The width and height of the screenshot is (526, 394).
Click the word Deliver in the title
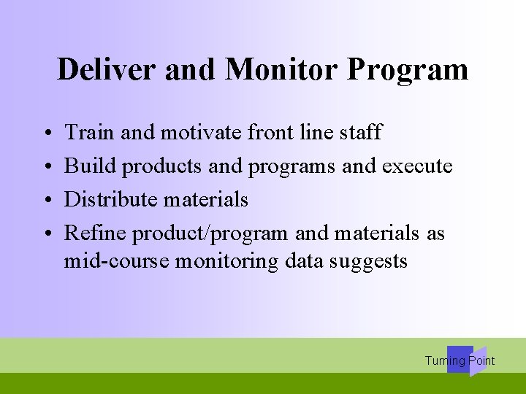[x=107, y=70]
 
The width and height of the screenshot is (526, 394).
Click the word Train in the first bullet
[x=89, y=132]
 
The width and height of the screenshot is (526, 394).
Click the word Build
[x=90, y=166]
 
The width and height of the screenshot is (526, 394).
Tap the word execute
[x=418, y=166]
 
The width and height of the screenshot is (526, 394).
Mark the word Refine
[x=97, y=233]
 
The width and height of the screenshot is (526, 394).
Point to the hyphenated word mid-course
[x=116, y=260]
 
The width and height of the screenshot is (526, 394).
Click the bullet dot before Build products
[x=46, y=166]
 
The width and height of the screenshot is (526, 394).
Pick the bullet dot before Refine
[x=46, y=233]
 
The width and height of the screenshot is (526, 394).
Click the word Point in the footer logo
[x=481, y=360]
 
